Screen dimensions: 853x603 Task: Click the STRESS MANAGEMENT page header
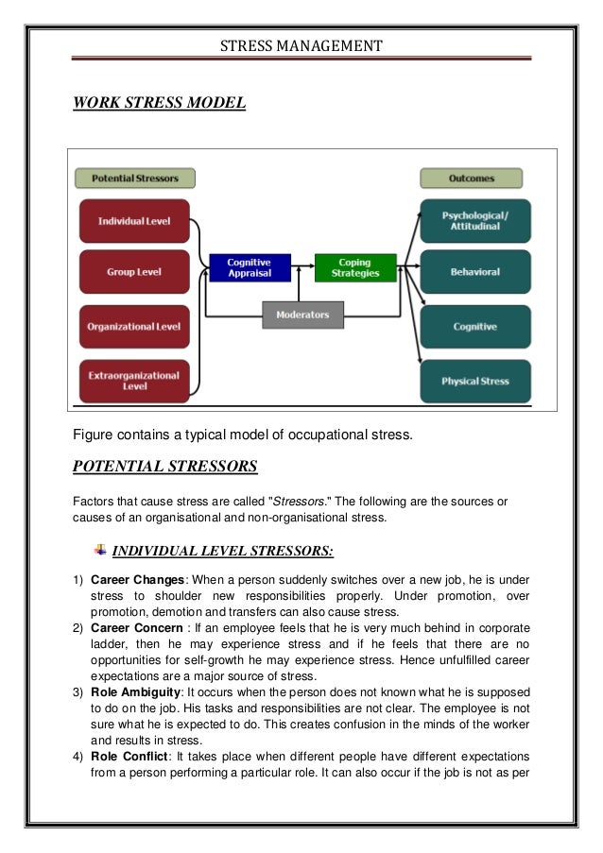tap(301, 45)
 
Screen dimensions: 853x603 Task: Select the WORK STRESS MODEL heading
tap(159, 101)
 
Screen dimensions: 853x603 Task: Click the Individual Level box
tap(134, 221)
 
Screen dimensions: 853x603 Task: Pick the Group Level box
tap(134, 272)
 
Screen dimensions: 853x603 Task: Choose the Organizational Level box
tap(134, 327)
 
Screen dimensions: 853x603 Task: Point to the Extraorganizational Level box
tap(134, 381)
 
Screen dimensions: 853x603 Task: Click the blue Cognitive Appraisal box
tap(249, 267)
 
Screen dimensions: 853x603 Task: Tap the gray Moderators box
tap(302, 315)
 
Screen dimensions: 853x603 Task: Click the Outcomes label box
tap(471, 178)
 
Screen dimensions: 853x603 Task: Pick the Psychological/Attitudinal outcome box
tap(475, 221)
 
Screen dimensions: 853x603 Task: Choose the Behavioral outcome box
tap(475, 272)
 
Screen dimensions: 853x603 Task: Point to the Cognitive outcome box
tap(475, 327)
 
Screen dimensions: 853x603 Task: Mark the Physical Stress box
tap(475, 381)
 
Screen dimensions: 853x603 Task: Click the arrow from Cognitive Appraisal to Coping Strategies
tap(300, 267)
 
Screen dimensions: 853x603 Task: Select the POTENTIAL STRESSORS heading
tap(165, 467)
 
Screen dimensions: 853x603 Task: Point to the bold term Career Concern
tap(137, 627)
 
